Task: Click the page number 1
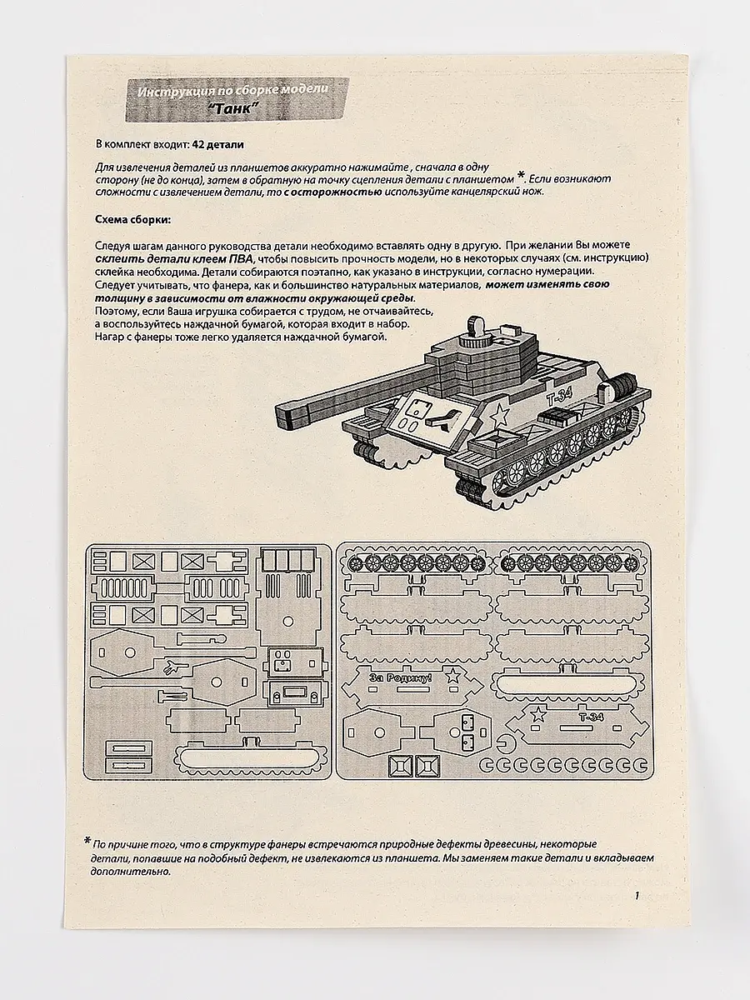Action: pos(636,896)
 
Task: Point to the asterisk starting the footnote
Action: pos(87,842)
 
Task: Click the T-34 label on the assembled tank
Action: pos(557,398)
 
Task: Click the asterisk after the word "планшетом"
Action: pos(521,175)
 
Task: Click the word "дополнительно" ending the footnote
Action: pos(127,872)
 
